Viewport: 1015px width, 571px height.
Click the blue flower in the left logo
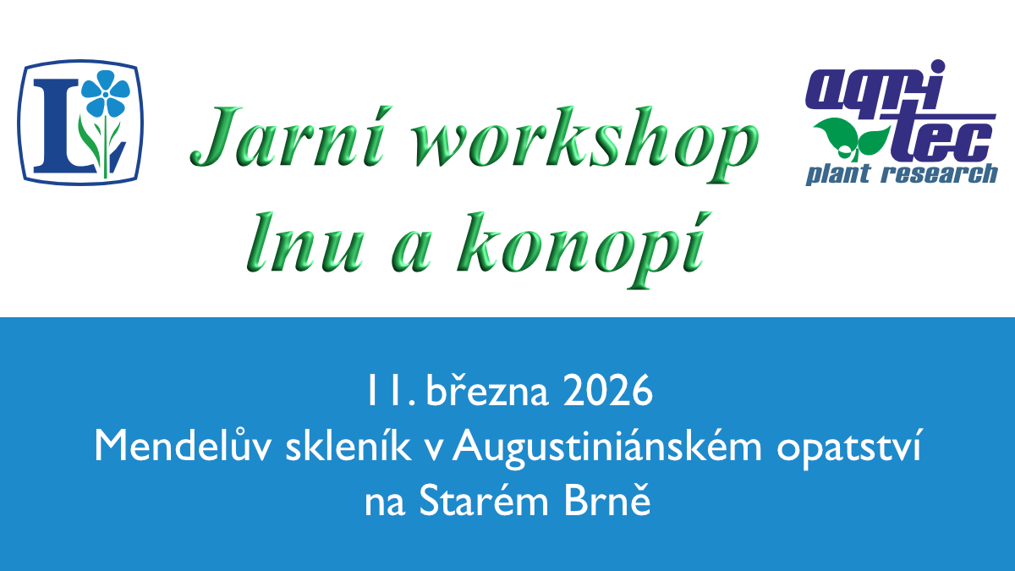tap(105, 92)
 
